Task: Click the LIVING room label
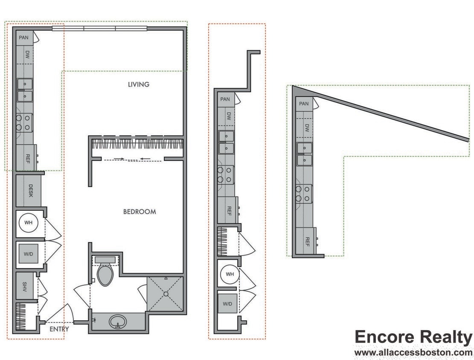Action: (x=139, y=84)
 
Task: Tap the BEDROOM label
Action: (x=140, y=212)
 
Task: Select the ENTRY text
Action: (x=59, y=329)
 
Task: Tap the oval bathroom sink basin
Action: (x=117, y=321)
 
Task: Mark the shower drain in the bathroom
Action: (x=166, y=294)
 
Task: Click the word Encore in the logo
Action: (x=384, y=337)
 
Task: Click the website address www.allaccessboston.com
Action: (x=413, y=353)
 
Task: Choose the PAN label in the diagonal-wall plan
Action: (x=304, y=104)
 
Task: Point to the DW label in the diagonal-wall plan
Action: (x=307, y=127)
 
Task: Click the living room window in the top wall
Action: (x=99, y=29)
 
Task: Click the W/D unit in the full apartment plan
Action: (x=28, y=254)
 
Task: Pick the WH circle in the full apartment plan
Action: (x=28, y=223)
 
